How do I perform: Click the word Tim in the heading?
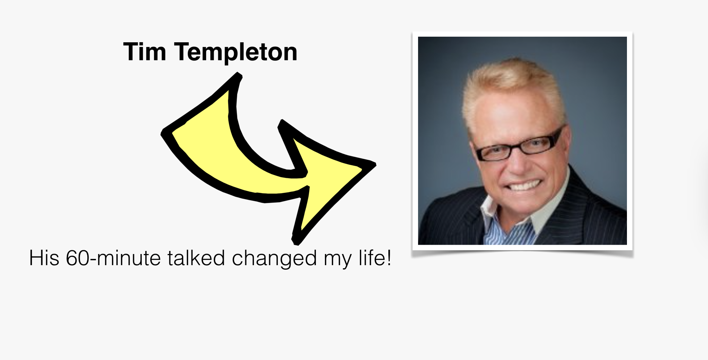[145, 52]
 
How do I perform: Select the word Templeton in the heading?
[236, 53]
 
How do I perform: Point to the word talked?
[196, 258]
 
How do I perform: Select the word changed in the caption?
[274, 259]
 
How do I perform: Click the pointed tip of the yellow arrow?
[375, 164]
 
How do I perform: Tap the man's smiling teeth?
[524, 185]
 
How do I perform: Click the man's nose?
[518, 163]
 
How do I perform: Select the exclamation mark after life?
[389, 258]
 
